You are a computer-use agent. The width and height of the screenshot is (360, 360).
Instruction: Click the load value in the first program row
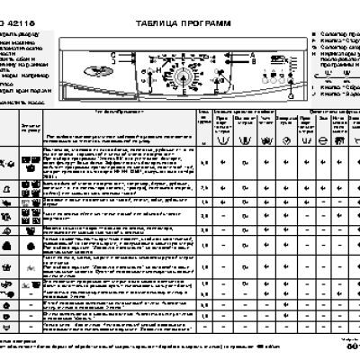pyautogui.click(x=206, y=160)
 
